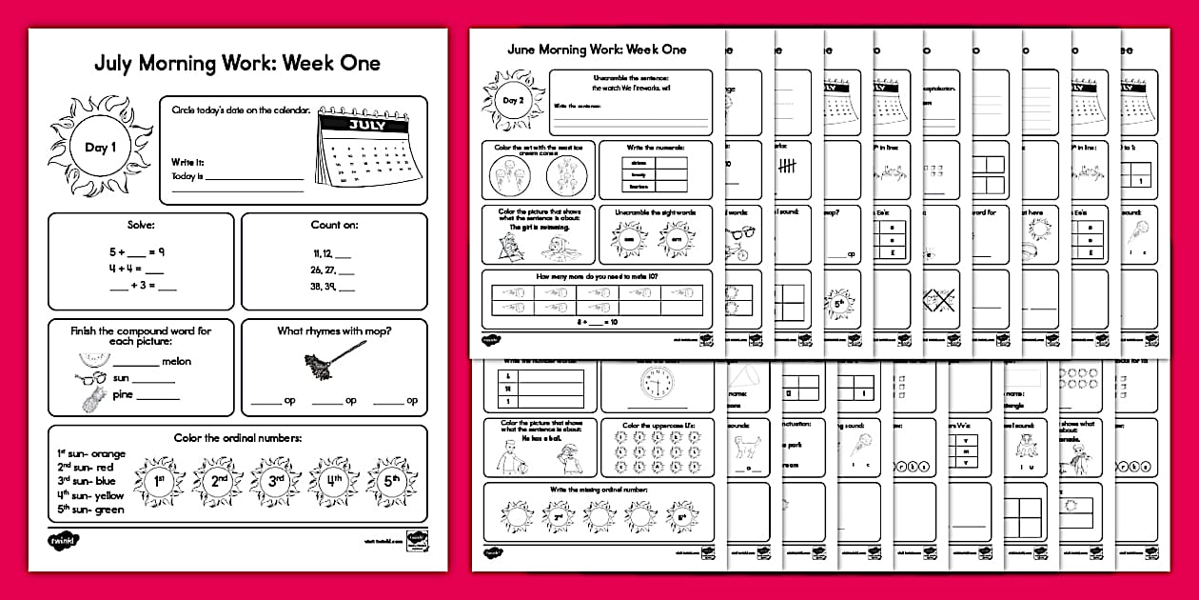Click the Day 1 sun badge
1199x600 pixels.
100,148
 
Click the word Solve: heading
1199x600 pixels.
140,226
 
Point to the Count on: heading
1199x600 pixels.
332,226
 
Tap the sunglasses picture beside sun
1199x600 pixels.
88,378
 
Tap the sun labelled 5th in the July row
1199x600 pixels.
391,482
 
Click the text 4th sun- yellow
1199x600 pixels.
90,495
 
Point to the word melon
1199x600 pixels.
176,362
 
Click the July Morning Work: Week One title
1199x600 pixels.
237,64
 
